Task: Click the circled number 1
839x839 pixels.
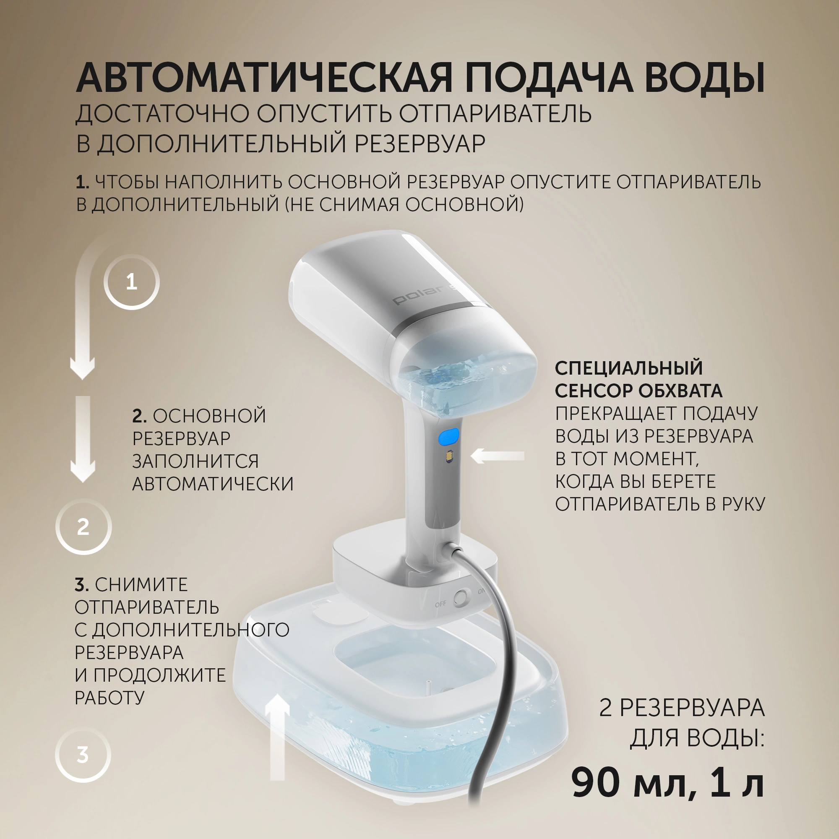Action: click(132, 282)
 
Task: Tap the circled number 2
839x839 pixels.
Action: click(83, 527)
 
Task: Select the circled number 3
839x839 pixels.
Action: click(83, 755)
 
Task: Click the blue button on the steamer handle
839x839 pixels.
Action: click(448, 436)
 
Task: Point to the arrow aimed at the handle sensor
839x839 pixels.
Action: click(498, 456)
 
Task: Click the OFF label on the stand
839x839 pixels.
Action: click(440, 604)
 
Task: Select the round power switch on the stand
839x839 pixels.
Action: click(461, 597)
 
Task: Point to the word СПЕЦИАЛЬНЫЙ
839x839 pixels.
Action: click(629, 368)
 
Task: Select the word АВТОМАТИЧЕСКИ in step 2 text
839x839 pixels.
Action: click(213, 484)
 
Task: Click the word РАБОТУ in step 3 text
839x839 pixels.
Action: click(109, 698)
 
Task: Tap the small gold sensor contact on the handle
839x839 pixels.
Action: click(448, 457)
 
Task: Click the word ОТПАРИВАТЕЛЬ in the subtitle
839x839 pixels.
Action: click(495, 114)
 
